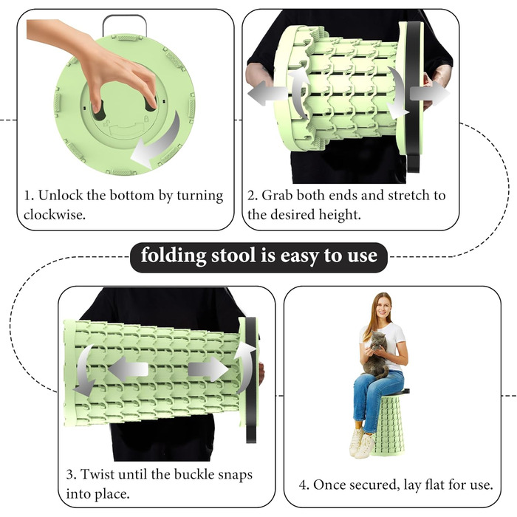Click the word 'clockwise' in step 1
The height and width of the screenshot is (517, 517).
[53, 215]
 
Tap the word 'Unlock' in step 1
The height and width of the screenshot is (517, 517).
[61, 195]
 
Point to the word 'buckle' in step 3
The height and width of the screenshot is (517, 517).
[192, 474]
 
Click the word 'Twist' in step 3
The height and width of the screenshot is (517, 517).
[97, 474]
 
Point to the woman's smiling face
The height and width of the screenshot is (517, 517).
[382, 307]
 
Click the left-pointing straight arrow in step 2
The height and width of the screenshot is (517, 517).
[267, 93]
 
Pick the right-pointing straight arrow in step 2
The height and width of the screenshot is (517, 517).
[429, 94]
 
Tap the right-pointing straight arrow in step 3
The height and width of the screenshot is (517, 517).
[208, 369]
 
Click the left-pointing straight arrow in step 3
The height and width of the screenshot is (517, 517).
[129, 369]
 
